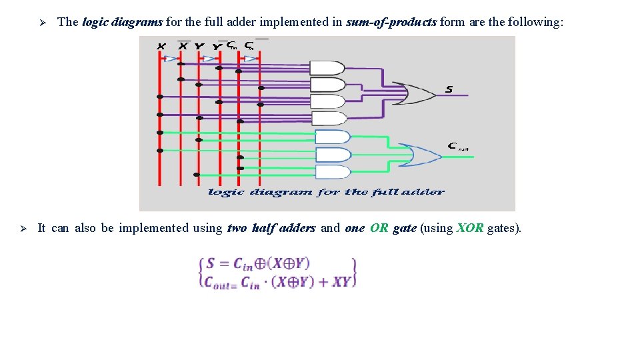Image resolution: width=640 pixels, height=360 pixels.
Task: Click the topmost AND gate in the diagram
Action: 328,68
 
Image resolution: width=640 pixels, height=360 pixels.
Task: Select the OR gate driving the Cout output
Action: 420,155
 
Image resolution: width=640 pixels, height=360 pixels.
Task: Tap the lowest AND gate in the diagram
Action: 332,171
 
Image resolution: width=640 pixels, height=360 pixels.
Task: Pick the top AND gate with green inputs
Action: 332,137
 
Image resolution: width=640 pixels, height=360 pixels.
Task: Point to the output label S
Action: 449,89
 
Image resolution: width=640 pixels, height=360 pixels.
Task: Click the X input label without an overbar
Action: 161,46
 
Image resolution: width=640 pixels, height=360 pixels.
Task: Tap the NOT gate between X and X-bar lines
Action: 171,59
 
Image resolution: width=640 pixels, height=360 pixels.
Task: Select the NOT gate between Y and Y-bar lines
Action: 209,59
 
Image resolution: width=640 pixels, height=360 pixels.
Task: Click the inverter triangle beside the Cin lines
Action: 249,59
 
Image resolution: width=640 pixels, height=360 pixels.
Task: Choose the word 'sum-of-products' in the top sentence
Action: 391,22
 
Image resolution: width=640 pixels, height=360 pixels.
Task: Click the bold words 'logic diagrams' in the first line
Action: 122,22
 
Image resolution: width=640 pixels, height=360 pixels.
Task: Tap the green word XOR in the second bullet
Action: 470,228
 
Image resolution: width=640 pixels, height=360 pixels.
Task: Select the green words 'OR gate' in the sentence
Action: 393,228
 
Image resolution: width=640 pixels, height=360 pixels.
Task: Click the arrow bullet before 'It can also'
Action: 22,229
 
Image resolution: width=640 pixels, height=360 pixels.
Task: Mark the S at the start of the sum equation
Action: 210,263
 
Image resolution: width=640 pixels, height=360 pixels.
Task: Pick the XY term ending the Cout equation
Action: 341,281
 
